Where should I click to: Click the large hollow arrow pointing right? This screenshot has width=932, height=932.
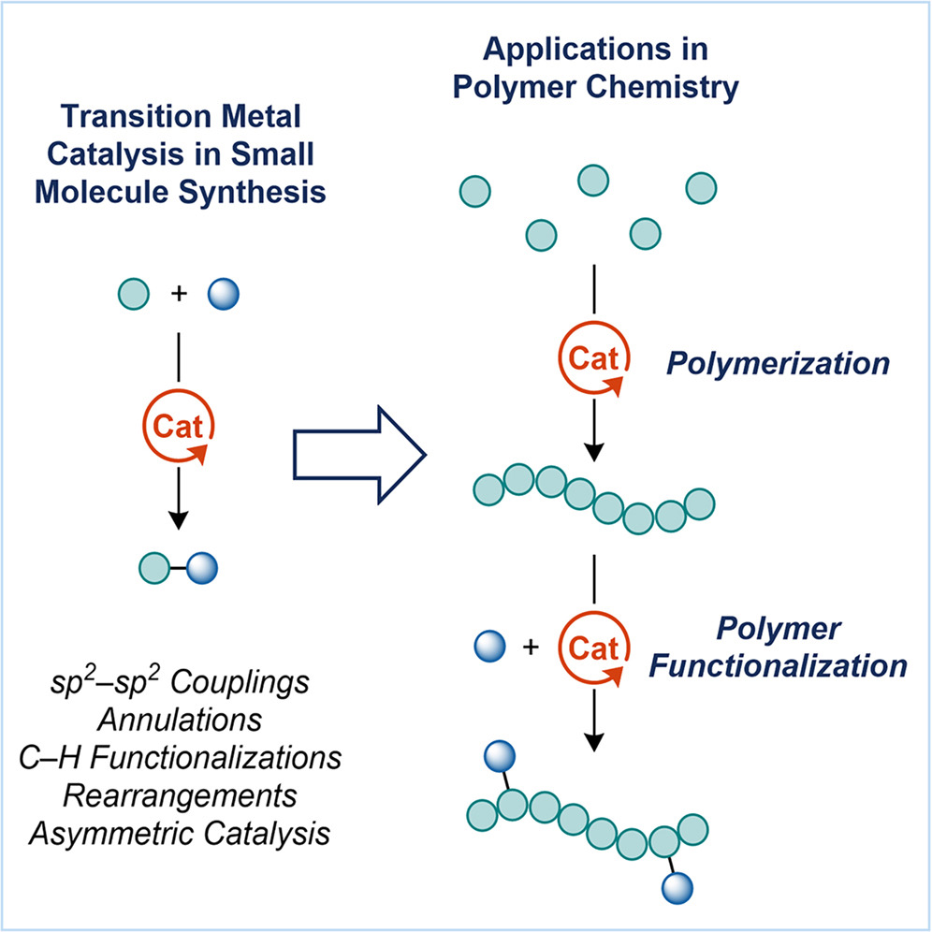(359, 456)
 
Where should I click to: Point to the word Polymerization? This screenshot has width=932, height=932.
(778, 364)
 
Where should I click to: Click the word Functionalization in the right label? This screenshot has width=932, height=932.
(778, 665)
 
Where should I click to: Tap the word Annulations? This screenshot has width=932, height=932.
(180, 720)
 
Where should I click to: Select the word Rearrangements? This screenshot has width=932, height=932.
(180, 796)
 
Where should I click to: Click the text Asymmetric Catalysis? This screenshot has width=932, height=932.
(180, 834)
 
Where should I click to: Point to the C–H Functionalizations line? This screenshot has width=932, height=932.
(180, 758)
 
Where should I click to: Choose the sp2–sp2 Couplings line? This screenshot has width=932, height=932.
(180, 682)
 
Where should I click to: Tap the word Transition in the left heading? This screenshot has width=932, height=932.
(136, 116)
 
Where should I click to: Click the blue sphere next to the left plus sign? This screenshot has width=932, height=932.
(224, 294)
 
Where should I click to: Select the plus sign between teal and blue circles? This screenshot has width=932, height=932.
(179, 294)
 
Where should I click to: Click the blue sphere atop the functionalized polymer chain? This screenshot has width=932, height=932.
(500, 756)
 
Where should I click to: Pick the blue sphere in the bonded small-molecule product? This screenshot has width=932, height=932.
(202, 568)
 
